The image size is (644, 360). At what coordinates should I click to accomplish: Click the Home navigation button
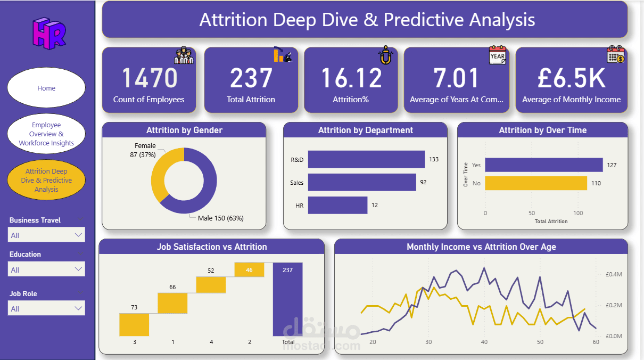coord(46,88)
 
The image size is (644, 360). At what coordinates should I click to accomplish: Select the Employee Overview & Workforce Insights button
coord(46,134)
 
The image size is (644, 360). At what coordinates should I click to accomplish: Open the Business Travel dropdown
coord(47,235)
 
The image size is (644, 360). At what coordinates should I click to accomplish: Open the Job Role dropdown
coord(47,308)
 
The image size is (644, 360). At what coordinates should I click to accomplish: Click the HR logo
coord(48,33)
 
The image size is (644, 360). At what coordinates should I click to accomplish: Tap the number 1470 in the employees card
coord(149,78)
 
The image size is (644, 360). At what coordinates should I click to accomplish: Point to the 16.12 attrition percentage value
coord(351,78)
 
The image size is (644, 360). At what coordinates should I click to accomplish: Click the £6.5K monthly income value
coord(571,78)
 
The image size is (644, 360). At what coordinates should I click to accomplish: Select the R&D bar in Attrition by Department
coord(366,159)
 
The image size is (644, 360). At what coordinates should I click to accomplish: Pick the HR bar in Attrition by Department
coord(337,205)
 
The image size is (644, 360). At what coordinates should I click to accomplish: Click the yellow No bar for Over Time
coord(535,183)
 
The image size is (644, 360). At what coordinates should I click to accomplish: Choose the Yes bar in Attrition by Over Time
coord(543,165)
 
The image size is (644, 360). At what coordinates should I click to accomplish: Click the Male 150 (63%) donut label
coord(221,218)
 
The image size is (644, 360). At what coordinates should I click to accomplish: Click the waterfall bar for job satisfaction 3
coord(134,324)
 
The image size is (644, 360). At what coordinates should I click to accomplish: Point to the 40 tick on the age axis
coord(484,342)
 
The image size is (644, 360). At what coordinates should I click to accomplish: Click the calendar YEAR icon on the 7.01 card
coord(497,55)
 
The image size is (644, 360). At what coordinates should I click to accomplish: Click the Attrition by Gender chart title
coord(184,130)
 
